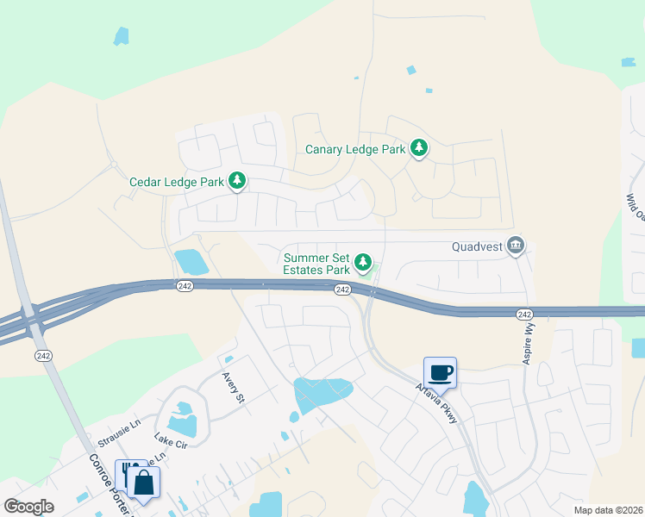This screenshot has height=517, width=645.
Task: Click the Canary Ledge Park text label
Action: [x=355, y=149]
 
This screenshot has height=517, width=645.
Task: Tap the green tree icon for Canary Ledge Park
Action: [x=419, y=148]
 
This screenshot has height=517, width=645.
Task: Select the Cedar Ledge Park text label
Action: [x=176, y=182]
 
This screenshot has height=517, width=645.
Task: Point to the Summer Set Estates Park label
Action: [x=316, y=264]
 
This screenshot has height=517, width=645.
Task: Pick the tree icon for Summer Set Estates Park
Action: [x=364, y=261]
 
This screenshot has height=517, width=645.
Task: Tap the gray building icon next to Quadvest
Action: [x=516, y=246]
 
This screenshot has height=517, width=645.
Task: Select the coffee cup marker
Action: [x=440, y=372]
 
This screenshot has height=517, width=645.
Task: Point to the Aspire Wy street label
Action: [x=528, y=343]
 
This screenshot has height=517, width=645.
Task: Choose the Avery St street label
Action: [x=234, y=388]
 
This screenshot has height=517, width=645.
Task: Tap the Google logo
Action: [x=28, y=507]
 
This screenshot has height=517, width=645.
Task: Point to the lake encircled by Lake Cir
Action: [x=183, y=422]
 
